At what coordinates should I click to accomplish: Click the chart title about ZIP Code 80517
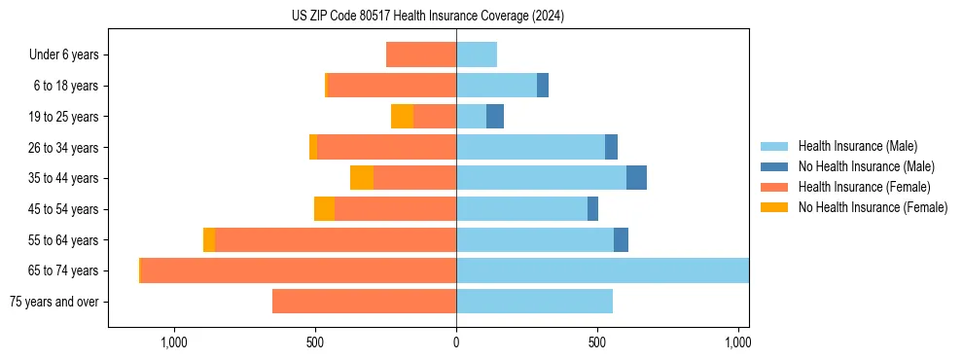click(428, 16)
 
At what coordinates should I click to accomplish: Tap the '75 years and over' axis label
click(54, 302)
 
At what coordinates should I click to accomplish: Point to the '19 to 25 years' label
click(64, 117)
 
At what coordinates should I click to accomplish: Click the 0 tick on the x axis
click(456, 342)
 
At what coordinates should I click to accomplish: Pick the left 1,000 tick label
click(173, 342)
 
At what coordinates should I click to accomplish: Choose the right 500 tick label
click(597, 342)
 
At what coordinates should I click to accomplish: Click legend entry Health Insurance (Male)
click(857, 146)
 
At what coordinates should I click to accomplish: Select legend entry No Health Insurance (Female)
click(873, 207)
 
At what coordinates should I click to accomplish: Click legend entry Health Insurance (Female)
click(864, 187)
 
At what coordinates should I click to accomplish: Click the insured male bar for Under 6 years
click(477, 54)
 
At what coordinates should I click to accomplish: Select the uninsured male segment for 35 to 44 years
click(636, 178)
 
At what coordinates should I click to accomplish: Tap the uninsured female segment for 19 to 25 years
click(402, 117)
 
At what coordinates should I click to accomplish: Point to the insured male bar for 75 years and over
click(534, 302)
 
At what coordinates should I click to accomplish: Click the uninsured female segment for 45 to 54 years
click(324, 209)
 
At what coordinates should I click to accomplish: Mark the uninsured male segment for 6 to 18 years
click(543, 86)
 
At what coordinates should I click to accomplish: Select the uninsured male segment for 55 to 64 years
click(621, 239)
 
